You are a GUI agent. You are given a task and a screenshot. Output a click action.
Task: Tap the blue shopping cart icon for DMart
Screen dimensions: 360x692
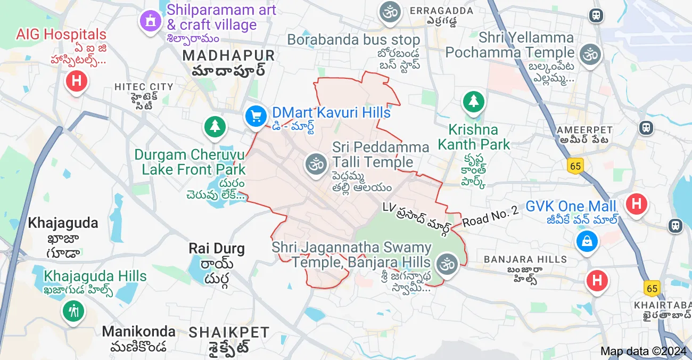tap(256, 116)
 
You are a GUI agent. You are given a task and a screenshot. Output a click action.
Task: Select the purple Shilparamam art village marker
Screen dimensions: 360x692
tap(151, 21)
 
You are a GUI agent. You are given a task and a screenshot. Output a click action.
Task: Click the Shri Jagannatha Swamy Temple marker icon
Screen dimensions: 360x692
tap(447, 264)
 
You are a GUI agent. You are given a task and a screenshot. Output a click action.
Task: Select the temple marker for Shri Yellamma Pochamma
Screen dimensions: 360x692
tap(590, 54)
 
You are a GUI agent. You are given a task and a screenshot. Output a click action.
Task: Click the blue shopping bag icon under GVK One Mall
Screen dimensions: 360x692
tap(587, 241)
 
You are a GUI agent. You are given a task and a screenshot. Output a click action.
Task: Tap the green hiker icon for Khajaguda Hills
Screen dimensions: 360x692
tap(72, 310)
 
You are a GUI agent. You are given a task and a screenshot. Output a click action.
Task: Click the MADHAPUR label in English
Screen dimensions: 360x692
tap(228, 55)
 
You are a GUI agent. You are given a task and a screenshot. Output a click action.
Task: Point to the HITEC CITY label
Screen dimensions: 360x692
tap(144, 87)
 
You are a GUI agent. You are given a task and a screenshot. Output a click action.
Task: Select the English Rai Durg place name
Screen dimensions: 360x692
tap(217, 248)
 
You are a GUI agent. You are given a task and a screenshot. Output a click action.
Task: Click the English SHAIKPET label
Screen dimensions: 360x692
tap(229, 333)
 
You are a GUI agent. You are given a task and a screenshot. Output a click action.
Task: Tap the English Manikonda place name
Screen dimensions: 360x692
tap(138, 331)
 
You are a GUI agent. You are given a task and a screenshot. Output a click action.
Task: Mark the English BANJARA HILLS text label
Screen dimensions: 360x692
tap(525, 259)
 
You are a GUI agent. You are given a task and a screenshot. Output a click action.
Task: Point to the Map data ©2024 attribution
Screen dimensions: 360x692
tap(643, 351)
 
